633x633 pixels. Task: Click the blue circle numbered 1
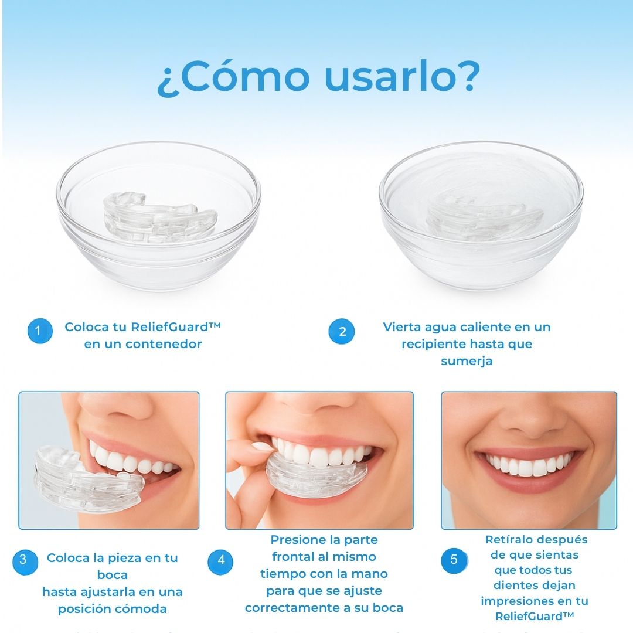point(38,331)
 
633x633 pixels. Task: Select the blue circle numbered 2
point(342,332)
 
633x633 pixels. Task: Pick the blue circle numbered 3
point(23,560)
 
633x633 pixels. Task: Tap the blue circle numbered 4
point(221,560)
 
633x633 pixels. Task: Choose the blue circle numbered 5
point(454,560)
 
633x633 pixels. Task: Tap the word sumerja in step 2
point(467,361)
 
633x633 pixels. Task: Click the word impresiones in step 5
point(516,601)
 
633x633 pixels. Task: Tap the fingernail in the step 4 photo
point(263,446)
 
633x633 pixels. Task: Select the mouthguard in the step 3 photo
point(88,478)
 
